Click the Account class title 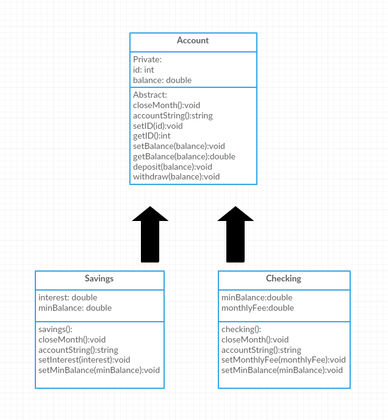(193, 41)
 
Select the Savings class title (99, 278)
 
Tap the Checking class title (284, 278)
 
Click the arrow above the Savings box (150, 235)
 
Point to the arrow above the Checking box (236, 235)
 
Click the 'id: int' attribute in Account (144, 70)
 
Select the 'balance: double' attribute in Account (162, 81)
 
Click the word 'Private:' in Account (148, 60)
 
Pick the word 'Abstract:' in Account (150, 95)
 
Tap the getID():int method (152, 136)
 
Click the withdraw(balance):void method (176, 177)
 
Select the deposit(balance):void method (173, 167)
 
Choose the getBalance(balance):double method (184, 156)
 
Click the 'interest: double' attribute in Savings (68, 298)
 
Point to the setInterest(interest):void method (84, 360)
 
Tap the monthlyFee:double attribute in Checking (257, 308)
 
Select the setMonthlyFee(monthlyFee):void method (284, 360)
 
